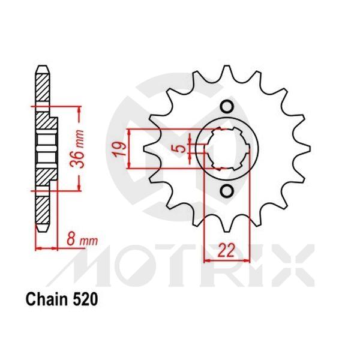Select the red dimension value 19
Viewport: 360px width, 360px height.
pyautogui.click(x=120, y=148)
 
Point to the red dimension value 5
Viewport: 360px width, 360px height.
pyautogui.click(x=181, y=148)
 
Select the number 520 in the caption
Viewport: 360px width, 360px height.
pyautogui.click(x=82, y=299)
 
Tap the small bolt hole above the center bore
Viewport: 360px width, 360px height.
pyautogui.click(x=227, y=107)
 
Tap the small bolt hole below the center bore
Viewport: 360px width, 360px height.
pyautogui.click(x=227, y=191)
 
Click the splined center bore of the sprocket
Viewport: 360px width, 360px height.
pyautogui.click(x=230, y=149)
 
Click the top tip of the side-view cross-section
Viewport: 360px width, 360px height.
pyautogui.click(x=42, y=67)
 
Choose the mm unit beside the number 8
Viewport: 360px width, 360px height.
pyautogui.click(x=88, y=241)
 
